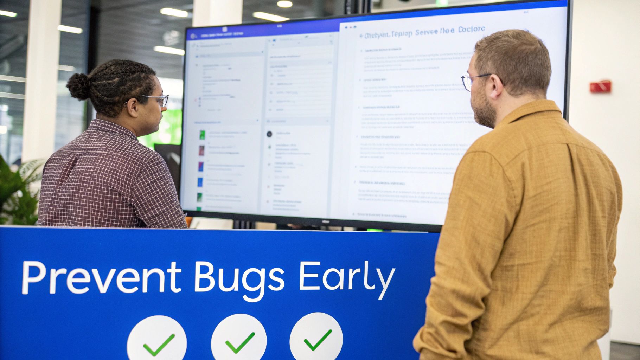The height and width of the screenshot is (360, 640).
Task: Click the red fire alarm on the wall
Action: tap(600, 86)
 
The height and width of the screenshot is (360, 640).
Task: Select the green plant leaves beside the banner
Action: tap(18, 190)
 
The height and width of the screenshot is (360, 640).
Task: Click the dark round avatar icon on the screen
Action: tap(269, 134)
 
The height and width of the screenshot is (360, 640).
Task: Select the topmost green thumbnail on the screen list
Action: tap(202, 134)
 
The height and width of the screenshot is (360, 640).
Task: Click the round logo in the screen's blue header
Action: tap(193, 36)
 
